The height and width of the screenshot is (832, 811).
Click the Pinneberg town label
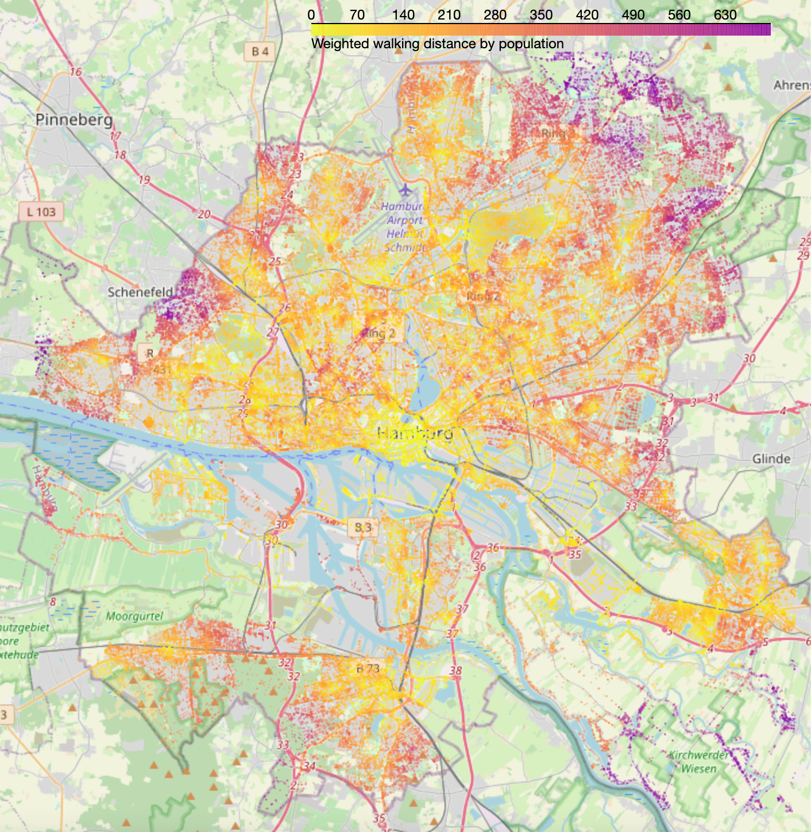(x=74, y=120)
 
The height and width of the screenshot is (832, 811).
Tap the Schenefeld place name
(x=140, y=292)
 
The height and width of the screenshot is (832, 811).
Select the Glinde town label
(x=771, y=459)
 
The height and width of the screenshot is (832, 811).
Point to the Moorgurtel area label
(x=134, y=617)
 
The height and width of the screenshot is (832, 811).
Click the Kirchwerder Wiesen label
(x=698, y=762)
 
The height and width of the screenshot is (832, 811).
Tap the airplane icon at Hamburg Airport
(x=405, y=189)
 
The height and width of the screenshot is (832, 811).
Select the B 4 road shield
(x=260, y=52)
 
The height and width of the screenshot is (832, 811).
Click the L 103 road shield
(x=41, y=212)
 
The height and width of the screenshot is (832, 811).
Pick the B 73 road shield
(x=368, y=668)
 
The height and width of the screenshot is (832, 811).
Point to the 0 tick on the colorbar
(x=311, y=15)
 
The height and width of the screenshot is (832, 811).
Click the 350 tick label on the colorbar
(x=541, y=15)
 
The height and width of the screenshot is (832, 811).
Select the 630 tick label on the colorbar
(x=725, y=15)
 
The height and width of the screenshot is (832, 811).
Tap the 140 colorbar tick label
(x=403, y=15)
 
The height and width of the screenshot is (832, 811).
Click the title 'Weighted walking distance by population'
(x=437, y=44)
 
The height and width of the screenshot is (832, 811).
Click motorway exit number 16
(x=76, y=72)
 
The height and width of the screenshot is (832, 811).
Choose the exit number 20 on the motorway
(x=204, y=214)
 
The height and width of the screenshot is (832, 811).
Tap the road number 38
(x=455, y=671)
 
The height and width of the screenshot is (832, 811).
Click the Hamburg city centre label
(x=415, y=433)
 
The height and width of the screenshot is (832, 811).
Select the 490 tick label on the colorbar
(x=633, y=15)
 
